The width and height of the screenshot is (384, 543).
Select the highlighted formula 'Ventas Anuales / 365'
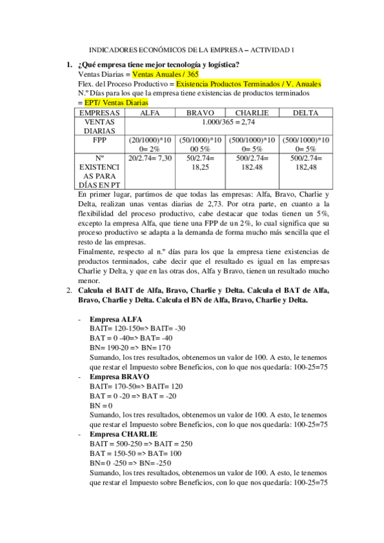[x=165, y=74]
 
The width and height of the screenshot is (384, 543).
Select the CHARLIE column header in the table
[x=252, y=113]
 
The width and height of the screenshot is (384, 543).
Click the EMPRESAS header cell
[x=99, y=113]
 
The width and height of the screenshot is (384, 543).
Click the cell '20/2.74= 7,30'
[x=150, y=158]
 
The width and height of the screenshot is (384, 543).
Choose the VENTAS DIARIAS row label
[x=99, y=126]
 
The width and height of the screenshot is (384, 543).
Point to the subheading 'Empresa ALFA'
[x=116, y=319]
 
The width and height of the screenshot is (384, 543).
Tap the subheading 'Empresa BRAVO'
[x=121, y=377]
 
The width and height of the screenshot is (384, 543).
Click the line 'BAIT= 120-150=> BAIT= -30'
[x=137, y=328]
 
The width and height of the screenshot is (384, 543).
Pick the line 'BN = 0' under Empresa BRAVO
[x=101, y=405]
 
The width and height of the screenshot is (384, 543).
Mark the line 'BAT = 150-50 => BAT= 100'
[x=136, y=453]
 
